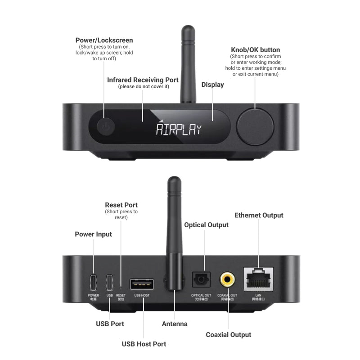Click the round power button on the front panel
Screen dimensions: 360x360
pyautogui.click(x=104, y=127)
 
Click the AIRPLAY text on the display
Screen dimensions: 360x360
pyautogui.click(x=179, y=130)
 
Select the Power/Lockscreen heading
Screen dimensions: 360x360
pyautogui.click(x=104, y=40)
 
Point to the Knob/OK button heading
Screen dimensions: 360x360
pyautogui.click(x=255, y=50)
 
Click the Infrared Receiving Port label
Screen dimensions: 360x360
pyautogui.click(x=143, y=80)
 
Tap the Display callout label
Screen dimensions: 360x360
pyautogui.click(x=212, y=85)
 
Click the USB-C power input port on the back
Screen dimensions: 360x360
pyautogui.click(x=94, y=283)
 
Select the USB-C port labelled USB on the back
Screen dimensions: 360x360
pyautogui.click(x=109, y=283)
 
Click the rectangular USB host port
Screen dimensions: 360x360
pyautogui.click(x=142, y=284)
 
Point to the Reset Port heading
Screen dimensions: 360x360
pyautogui.click(x=121, y=205)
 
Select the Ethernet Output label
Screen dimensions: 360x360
pyautogui.click(x=259, y=215)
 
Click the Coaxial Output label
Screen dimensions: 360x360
pyautogui.click(x=228, y=334)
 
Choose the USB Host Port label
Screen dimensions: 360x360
pyautogui.click(x=144, y=344)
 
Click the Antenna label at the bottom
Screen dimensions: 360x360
pyautogui.click(x=175, y=324)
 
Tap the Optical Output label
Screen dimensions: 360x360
pyautogui.click(x=206, y=225)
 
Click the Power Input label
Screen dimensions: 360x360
pyautogui.click(x=93, y=234)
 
